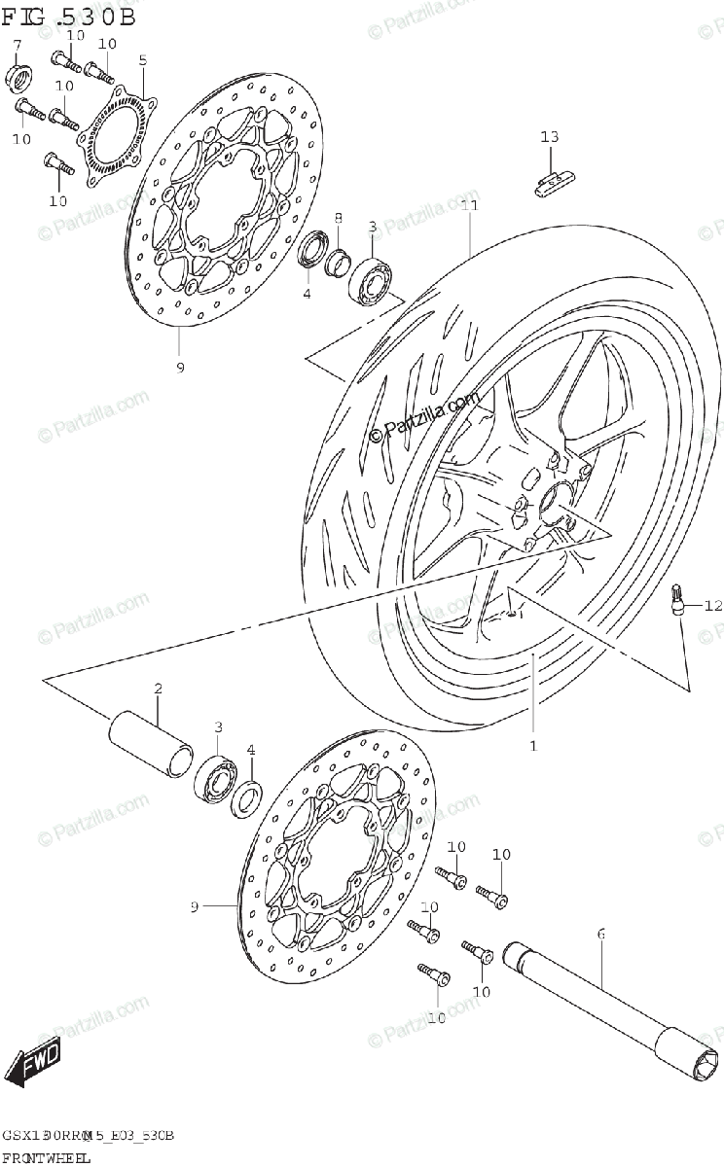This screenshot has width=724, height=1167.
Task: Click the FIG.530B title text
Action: [x=68, y=17]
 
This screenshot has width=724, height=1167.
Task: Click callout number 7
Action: [x=17, y=45]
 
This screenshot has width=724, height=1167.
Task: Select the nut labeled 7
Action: [x=17, y=74]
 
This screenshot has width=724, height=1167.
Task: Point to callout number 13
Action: [x=550, y=137]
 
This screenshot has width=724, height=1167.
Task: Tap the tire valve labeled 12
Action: [x=678, y=599]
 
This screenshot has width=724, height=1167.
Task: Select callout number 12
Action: [x=713, y=606]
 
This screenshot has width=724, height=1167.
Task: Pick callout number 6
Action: [x=600, y=934]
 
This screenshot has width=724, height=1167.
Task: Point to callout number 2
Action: [x=158, y=689]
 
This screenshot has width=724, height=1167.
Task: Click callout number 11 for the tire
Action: [x=470, y=206]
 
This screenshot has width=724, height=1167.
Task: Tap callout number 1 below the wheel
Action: [x=532, y=746]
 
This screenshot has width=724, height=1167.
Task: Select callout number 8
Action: [x=339, y=217]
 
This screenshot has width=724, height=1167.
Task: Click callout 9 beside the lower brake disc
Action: [x=195, y=906]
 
